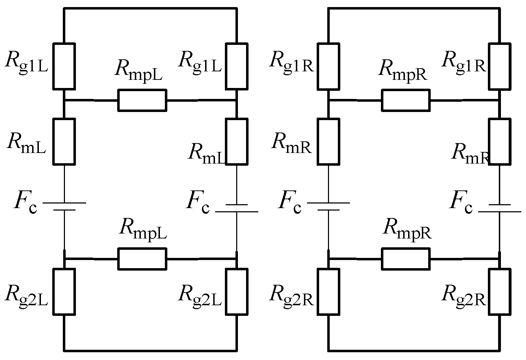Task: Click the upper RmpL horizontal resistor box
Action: point(142,100)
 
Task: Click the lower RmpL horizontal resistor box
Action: point(142,259)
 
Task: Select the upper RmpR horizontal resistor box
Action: point(406,100)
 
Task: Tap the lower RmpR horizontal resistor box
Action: point(406,259)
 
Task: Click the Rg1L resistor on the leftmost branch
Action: point(64,66)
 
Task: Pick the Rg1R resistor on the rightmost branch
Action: point(500,66)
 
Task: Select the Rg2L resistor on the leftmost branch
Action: point(64,291)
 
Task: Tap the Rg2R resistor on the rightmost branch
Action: point(500,291)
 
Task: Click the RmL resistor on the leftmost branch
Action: point(64,141)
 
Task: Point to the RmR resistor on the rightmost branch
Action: point(500,141)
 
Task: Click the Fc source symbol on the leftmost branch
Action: point(64,206)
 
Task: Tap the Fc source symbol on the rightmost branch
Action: point(500,208)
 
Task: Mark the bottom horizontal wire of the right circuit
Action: point(414,350)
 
